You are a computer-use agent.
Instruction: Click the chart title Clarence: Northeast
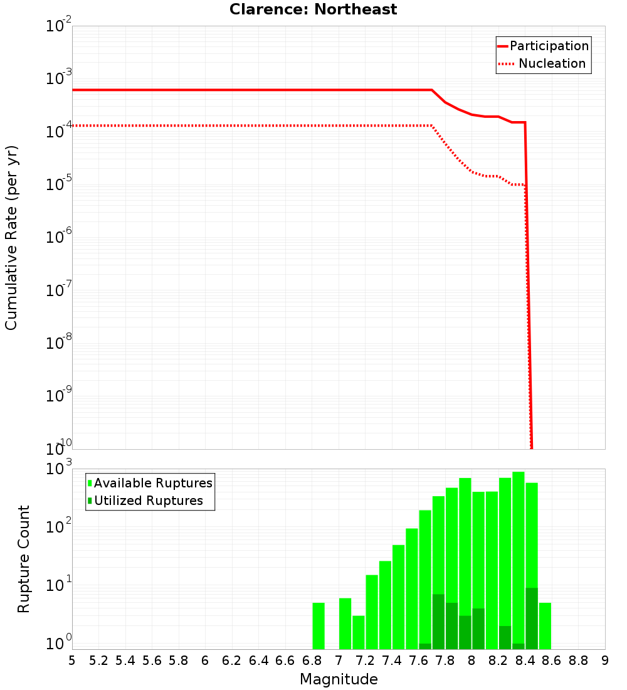(x=313, y=9)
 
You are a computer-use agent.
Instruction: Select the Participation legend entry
(x=543, y=46)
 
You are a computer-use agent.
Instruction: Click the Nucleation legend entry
(x=543, y=63)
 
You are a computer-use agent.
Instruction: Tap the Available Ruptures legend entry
(x=150, y=483)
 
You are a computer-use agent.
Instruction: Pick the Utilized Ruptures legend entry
(x=145, y=501)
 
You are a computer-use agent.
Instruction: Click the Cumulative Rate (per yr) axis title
(x=11, y=237)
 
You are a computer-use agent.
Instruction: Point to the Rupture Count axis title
(x=24, y=558)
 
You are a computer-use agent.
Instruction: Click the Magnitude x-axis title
(x=339, y=679)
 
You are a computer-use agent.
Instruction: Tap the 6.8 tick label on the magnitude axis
(x=312, y=660)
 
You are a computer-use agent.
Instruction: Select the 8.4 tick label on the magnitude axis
(x=525, y=660)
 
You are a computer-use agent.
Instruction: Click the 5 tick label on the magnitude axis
(x=72, y=660)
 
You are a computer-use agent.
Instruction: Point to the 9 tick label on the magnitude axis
(x=604, y=660)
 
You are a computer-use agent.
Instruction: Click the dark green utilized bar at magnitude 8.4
(x=532, y=618)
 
